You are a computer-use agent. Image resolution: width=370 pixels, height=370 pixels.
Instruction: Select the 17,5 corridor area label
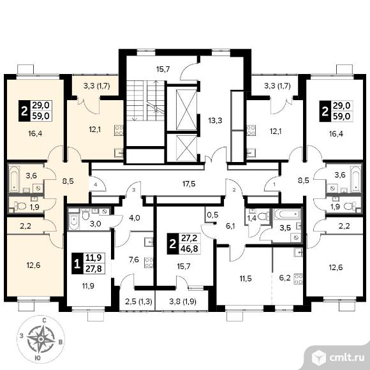[x=189, y=184]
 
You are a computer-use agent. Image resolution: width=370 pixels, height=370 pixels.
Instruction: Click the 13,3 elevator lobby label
[x=215, y=121]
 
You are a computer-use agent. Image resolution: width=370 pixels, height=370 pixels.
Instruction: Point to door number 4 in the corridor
[x=95, y=184]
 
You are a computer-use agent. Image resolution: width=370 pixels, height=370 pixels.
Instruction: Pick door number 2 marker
[x=234, y=189]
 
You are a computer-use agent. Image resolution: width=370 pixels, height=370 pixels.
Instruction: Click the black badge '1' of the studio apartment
[x=77, y=263]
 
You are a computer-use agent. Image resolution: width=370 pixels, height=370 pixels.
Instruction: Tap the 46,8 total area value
[x=189, y=249]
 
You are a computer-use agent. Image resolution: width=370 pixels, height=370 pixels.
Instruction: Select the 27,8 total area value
[x=94, y=269]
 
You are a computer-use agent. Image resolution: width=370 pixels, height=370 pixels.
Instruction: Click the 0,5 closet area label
[x=212, y=215]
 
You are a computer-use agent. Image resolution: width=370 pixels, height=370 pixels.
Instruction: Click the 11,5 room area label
[x=246, y=279]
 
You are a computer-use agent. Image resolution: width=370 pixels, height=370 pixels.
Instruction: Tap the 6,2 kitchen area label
[x=285, y=277]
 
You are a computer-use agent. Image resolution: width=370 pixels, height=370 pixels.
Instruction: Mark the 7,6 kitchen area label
[x=134, y=260]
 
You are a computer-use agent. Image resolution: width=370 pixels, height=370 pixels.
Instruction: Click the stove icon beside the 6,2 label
[x=299, y=279]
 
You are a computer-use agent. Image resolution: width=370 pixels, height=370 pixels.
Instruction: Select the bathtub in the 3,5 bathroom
[x=287, y=214]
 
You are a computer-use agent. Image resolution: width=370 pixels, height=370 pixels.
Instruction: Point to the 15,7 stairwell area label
[x=163, y=69]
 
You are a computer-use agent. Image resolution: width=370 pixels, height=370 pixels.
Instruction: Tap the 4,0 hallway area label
[x=135, y=218]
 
